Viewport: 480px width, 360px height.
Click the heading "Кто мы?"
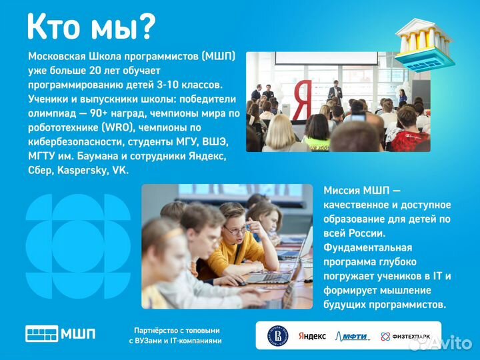click(x=91, y=26)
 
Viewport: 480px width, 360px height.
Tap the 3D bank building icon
click(x=424, y=44)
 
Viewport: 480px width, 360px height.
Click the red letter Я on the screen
click(x=301, y=100)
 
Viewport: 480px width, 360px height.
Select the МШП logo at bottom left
click(x=60, y=334)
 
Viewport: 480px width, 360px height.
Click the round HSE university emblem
click(x=277, y=335)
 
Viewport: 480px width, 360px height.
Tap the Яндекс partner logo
click(x=312, y=336)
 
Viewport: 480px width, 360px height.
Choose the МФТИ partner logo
click(x=353, y=336)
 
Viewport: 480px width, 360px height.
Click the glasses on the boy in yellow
click(x=235, y=229)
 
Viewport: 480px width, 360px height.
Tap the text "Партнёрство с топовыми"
click(x=176, y=330)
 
